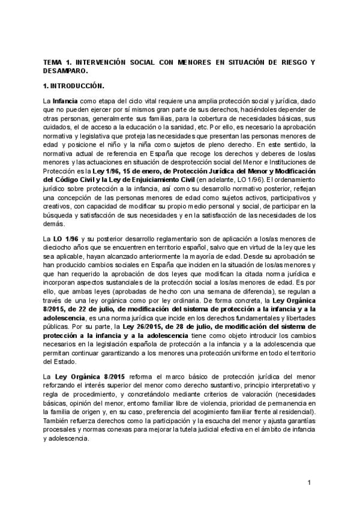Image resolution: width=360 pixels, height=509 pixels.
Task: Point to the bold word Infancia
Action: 65,101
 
